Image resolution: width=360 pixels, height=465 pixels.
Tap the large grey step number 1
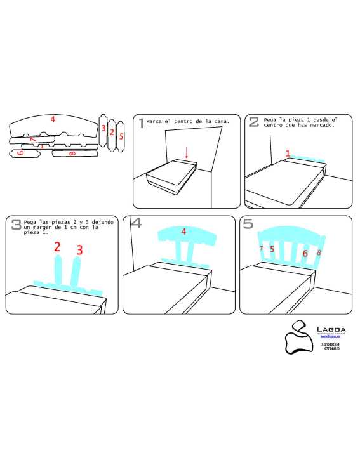click(141, 122)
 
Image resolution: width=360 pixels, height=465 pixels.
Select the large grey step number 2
click(253, 122)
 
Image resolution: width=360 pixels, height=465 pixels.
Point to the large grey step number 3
click(15, 224)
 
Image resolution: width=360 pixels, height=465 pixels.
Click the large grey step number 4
click(136, 223)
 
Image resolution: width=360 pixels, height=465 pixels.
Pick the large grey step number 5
click(248, 223)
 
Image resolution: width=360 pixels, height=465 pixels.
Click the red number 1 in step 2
click(287, 154)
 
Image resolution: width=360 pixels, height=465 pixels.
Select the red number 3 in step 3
click(79, 250)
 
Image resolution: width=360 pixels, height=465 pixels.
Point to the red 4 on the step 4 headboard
click(183, 232)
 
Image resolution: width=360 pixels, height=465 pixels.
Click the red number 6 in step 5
click(305, 253)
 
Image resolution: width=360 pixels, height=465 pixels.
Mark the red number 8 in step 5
click(319, 252)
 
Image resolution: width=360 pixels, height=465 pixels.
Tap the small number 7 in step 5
click(261, 248)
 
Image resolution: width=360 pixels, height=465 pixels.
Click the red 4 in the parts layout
click(53, 119)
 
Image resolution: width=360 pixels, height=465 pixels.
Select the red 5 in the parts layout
click(121, 136)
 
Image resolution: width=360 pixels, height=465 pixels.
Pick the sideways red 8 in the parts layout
click(72, 154)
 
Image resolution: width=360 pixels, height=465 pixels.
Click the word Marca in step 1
click(154, 121)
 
